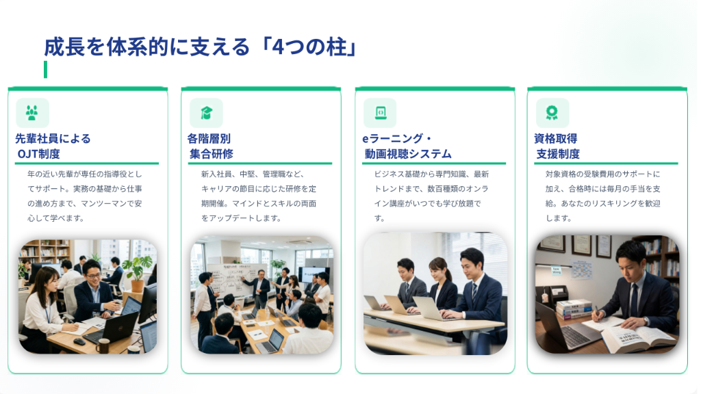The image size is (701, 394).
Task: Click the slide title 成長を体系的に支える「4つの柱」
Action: pyautogui.click(x=201, y=47)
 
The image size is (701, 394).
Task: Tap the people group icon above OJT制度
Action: pyautogui.click(x=31, y=113)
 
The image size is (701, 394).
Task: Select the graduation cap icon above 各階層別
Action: pyautogui.click(x=206, y=113)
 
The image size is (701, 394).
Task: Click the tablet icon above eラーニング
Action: pyautogui.click(x=380, y=113)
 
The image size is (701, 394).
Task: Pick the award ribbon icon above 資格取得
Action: pyautogui.click(x=552, y=113)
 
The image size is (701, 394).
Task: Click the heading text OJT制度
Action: pyautogui.click(x=38, y=154)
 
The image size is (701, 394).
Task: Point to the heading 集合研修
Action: pyautogui.click(x=212, y=154)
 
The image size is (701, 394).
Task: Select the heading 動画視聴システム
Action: pyautogui.click(x=408, y=154)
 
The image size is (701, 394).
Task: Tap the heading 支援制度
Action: pyautogui.click(x=558, y=154)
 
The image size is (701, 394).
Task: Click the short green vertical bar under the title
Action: pyautogui.click(x=46, y=70)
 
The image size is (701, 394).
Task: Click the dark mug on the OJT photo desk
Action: pyautogui.click(x=103, y=345)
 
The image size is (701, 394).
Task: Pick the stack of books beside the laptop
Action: pyautogui.click(x=574, y=309)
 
